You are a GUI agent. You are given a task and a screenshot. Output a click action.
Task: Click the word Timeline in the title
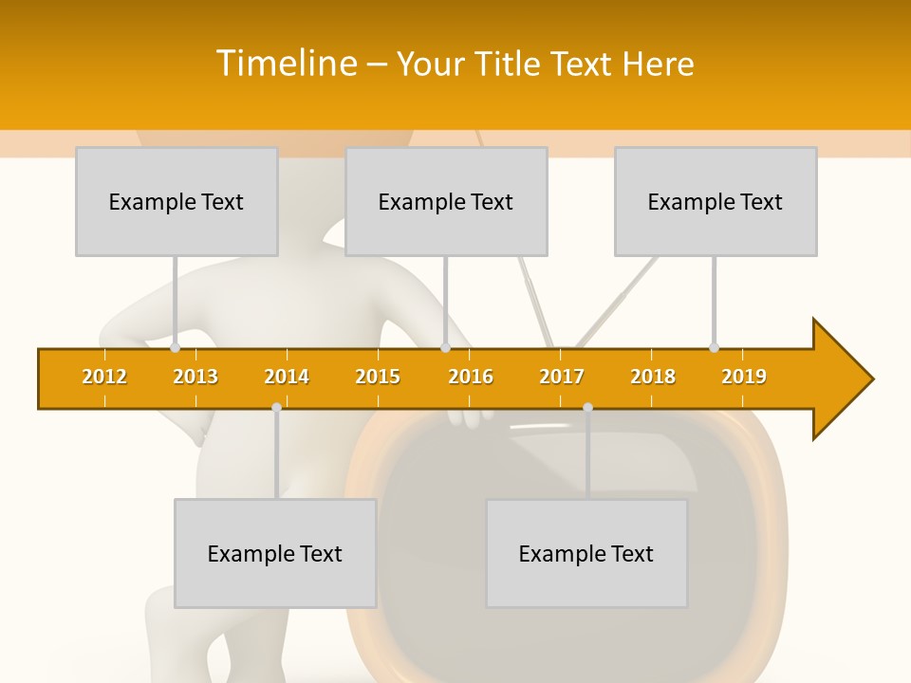(285, 64)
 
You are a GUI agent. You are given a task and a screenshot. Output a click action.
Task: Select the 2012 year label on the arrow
(104, 377)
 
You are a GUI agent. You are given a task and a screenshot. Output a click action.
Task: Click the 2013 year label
(195, 377)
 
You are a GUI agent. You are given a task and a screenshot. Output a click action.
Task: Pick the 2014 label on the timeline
(287, 377)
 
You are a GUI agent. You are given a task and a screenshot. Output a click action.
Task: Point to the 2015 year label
(378, 377)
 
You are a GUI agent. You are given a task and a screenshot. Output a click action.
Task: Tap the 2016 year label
(471, 377)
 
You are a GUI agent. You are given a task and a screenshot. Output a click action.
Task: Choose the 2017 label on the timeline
(562, 377)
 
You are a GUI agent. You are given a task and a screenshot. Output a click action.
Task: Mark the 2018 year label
(653, 377)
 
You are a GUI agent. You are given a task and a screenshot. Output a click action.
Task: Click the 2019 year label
(744, 377)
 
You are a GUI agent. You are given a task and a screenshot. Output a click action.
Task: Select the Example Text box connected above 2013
(177, 201)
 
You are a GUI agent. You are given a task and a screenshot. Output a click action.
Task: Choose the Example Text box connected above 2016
(446, 201)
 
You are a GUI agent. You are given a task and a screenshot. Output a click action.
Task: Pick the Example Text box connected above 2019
(716, 201)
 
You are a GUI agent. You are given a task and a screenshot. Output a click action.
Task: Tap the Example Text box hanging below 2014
(275, 553)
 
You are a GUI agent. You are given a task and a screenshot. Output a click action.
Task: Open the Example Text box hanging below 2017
(586, 553)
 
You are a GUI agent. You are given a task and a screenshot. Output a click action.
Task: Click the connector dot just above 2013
(175, 348)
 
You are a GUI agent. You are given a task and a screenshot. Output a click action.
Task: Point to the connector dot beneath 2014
(276, 407)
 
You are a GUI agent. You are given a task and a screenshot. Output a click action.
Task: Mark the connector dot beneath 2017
(587, 407)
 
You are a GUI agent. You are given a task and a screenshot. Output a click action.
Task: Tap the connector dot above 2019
(714, 348)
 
